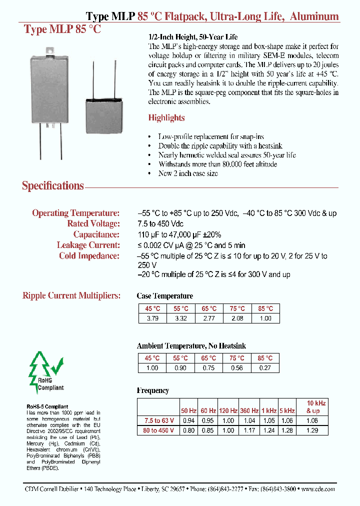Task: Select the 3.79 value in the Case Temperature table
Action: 152,318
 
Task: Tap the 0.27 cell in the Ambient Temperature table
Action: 265,368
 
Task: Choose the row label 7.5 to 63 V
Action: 158,420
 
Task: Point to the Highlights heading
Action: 166,118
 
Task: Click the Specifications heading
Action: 52,186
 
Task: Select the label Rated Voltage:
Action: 93,223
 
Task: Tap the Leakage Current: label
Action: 88,245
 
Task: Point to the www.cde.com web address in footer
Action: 318,489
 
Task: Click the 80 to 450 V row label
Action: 158,430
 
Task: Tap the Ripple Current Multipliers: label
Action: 71,295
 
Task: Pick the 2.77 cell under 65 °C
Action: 209,318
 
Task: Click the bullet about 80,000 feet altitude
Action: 217,164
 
